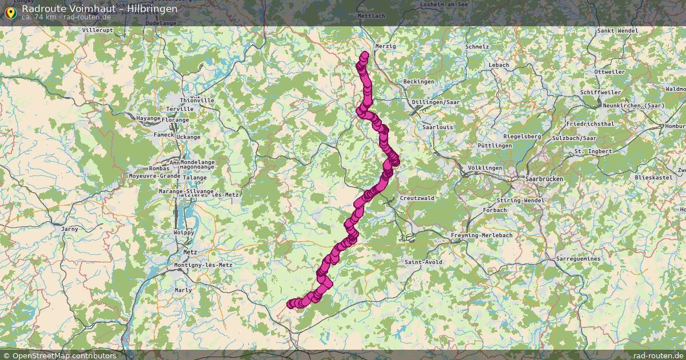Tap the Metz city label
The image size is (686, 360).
(x=190, y=251)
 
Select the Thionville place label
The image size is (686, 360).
(x=198, y=101)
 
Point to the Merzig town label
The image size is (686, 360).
(x=385, y=46)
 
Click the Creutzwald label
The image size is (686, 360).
(x=417, y=198)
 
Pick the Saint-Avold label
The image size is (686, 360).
(x=422, y=262)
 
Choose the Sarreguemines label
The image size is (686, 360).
(x=579, y=259)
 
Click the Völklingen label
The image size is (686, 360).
(x=485, y=168)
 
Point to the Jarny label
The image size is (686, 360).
(x=69, y=229)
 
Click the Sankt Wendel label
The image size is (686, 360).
(x=617, y=30)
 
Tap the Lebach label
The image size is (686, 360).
(x=498, y=65)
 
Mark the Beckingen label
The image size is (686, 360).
(x=418, y=82)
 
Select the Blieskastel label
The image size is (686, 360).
(x=653, y=178)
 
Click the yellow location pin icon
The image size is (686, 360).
(x=10, y=12)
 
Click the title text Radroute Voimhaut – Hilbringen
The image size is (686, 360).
(x=99, y=9)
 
